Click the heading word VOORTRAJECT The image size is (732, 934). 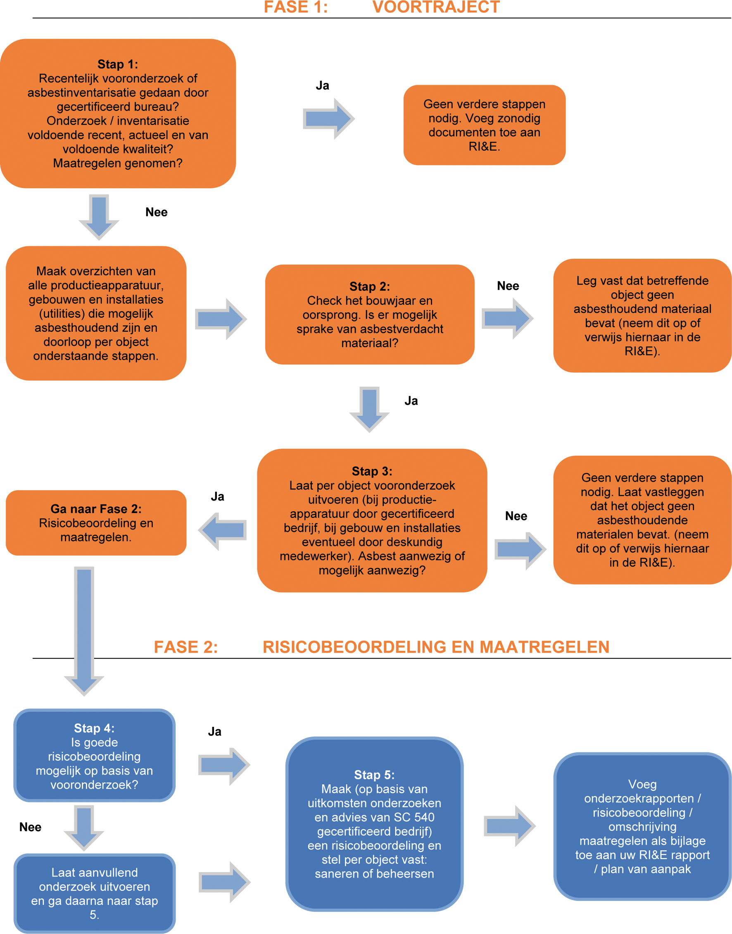(x=436, y=7)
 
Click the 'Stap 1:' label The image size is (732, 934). (x=118, y=64)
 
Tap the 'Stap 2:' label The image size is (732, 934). (x=369, y=286)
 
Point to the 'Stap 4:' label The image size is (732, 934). (x=94, y=728)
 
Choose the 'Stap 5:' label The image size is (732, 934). (x=374, y=775)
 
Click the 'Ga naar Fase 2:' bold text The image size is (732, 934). (x=96, y=509)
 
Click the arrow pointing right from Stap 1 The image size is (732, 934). (x=328, y=118)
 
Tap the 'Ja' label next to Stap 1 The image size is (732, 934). (x=322, y=86)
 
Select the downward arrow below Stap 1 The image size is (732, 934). (x=99, y=216)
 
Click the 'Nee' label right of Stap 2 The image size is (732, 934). (x=508, y=286)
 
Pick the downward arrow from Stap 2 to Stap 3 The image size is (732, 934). (x=369, y=409)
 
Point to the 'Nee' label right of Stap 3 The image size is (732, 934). (x=516, y=516)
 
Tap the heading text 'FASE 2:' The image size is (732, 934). (x=185, y=647)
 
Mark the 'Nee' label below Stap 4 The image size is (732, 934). (x=31, y=827)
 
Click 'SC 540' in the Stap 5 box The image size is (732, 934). (x=414, y=817)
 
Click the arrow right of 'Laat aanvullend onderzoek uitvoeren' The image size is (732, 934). (x=224, y=882)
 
